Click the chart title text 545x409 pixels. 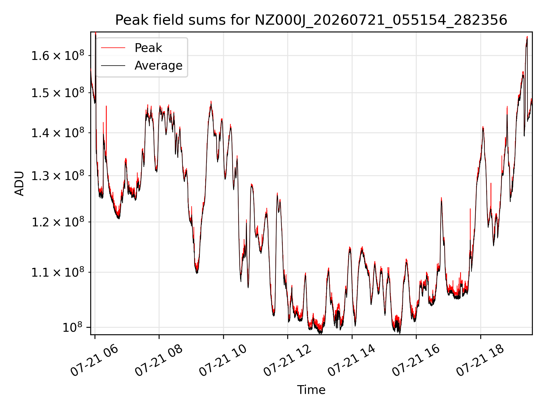click(x=311, y=20)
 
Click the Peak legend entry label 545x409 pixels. click(x=148, y=48)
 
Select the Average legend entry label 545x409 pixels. click(x=158, y=66)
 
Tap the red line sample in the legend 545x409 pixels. click(x=113, y=48)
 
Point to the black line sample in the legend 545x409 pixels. click(x=113, y=66)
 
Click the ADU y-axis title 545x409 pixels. click(x=19, y=183)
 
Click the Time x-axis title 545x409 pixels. click(x=311, y=390)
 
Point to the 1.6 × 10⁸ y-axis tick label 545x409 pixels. click(x=58, y=55)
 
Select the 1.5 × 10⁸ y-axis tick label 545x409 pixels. click(x=58, y=92)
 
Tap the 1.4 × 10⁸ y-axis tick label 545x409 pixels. click(x=58, y=132)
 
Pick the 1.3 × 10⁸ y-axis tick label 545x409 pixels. click(x=58, y=175)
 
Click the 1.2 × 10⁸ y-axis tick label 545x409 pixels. click(x=58, y=222)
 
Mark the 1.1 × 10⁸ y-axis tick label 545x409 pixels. click(x=58, y=272)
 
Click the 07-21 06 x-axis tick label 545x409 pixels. click(x=94, y=361)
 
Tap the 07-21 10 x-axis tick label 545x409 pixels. click(x=223, y=361)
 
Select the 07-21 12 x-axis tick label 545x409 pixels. click(x=287, y=361)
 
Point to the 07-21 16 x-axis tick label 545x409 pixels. click(x=416, y=361)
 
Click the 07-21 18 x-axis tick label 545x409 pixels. click(x=480, y=361)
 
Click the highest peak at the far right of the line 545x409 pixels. click(x=527, y=37)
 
